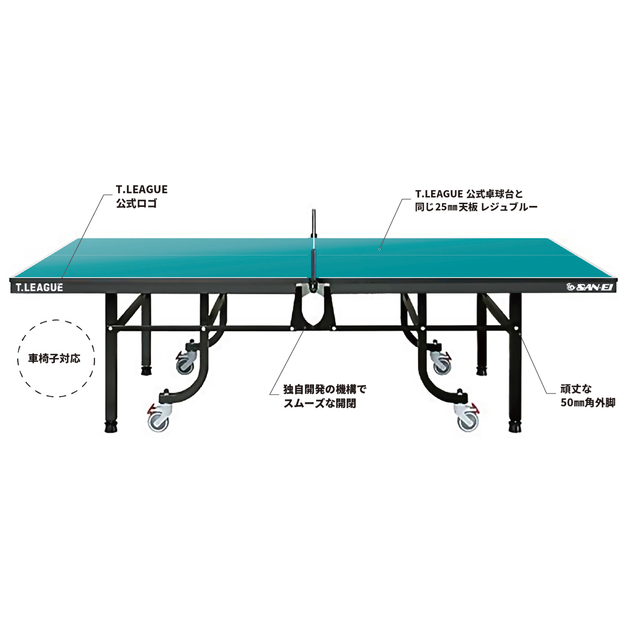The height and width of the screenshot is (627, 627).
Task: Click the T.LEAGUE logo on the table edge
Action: [39, 287]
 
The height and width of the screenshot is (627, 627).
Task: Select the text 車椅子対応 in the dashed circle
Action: [54, 359]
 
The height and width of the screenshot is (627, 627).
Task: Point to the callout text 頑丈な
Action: [576, 389]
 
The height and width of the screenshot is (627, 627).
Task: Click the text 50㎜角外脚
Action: [588, 403]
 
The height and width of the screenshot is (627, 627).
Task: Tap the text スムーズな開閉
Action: [320, 403]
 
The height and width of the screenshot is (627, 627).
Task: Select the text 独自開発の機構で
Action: [324, 389]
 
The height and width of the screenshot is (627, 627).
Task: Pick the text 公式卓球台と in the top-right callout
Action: [495, 194]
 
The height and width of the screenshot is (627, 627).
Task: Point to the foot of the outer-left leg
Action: [111, 427]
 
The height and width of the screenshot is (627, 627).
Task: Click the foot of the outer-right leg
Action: [515, 427]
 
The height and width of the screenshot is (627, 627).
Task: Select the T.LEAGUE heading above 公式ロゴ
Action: [142, 189]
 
